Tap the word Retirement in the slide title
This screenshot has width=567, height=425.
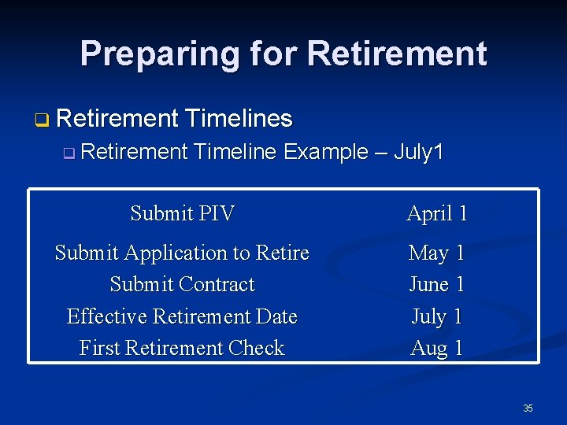pyautogui.click(x=397, y=54)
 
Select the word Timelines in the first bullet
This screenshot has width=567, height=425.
pyautogui.click(x=239, y=119)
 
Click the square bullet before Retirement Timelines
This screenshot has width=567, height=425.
pyautogui.click(x=41, y=120)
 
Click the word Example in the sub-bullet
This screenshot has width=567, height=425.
pyautogui.click(x=325, y=151)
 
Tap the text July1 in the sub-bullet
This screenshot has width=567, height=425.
pyautogui.click(x=418, y=151)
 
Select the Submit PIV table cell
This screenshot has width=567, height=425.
pyautogui.click(x=182, y=213)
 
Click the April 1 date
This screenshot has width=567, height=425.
pyautogui.click(x=437, y=213)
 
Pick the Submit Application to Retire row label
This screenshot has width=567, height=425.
pyautogui.click(x=182, y=253)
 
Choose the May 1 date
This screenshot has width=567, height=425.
pyautogui.click(x=437, y=253)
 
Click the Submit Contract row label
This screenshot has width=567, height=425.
pyautogui.click(x=182, y=284)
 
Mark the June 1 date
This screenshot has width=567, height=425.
pyautogui.click(x=437, y=284)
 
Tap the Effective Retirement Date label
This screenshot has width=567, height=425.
pyautogui.click(x=182, y=316)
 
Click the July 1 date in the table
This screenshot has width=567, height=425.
pyautogui.click(x=437, y=316)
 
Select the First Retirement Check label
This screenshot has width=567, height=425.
pyautogui.click(x=182, y=348)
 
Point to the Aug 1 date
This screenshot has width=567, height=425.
pyautogui.click(x=437, y=348)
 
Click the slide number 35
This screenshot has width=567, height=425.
pyautogui.click(x=528, y=408)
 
